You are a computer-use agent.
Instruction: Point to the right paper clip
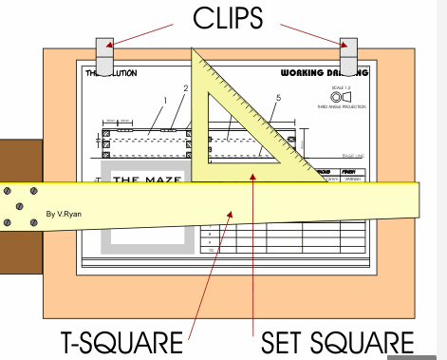click(349, 55)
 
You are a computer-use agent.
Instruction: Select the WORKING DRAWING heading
click(323, 72)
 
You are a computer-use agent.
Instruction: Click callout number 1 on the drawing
click(164, 99)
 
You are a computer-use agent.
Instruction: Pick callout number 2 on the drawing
click(186, 89)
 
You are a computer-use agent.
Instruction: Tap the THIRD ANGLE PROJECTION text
click(340, 107)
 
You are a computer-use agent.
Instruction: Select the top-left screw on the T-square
click(8, 191)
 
